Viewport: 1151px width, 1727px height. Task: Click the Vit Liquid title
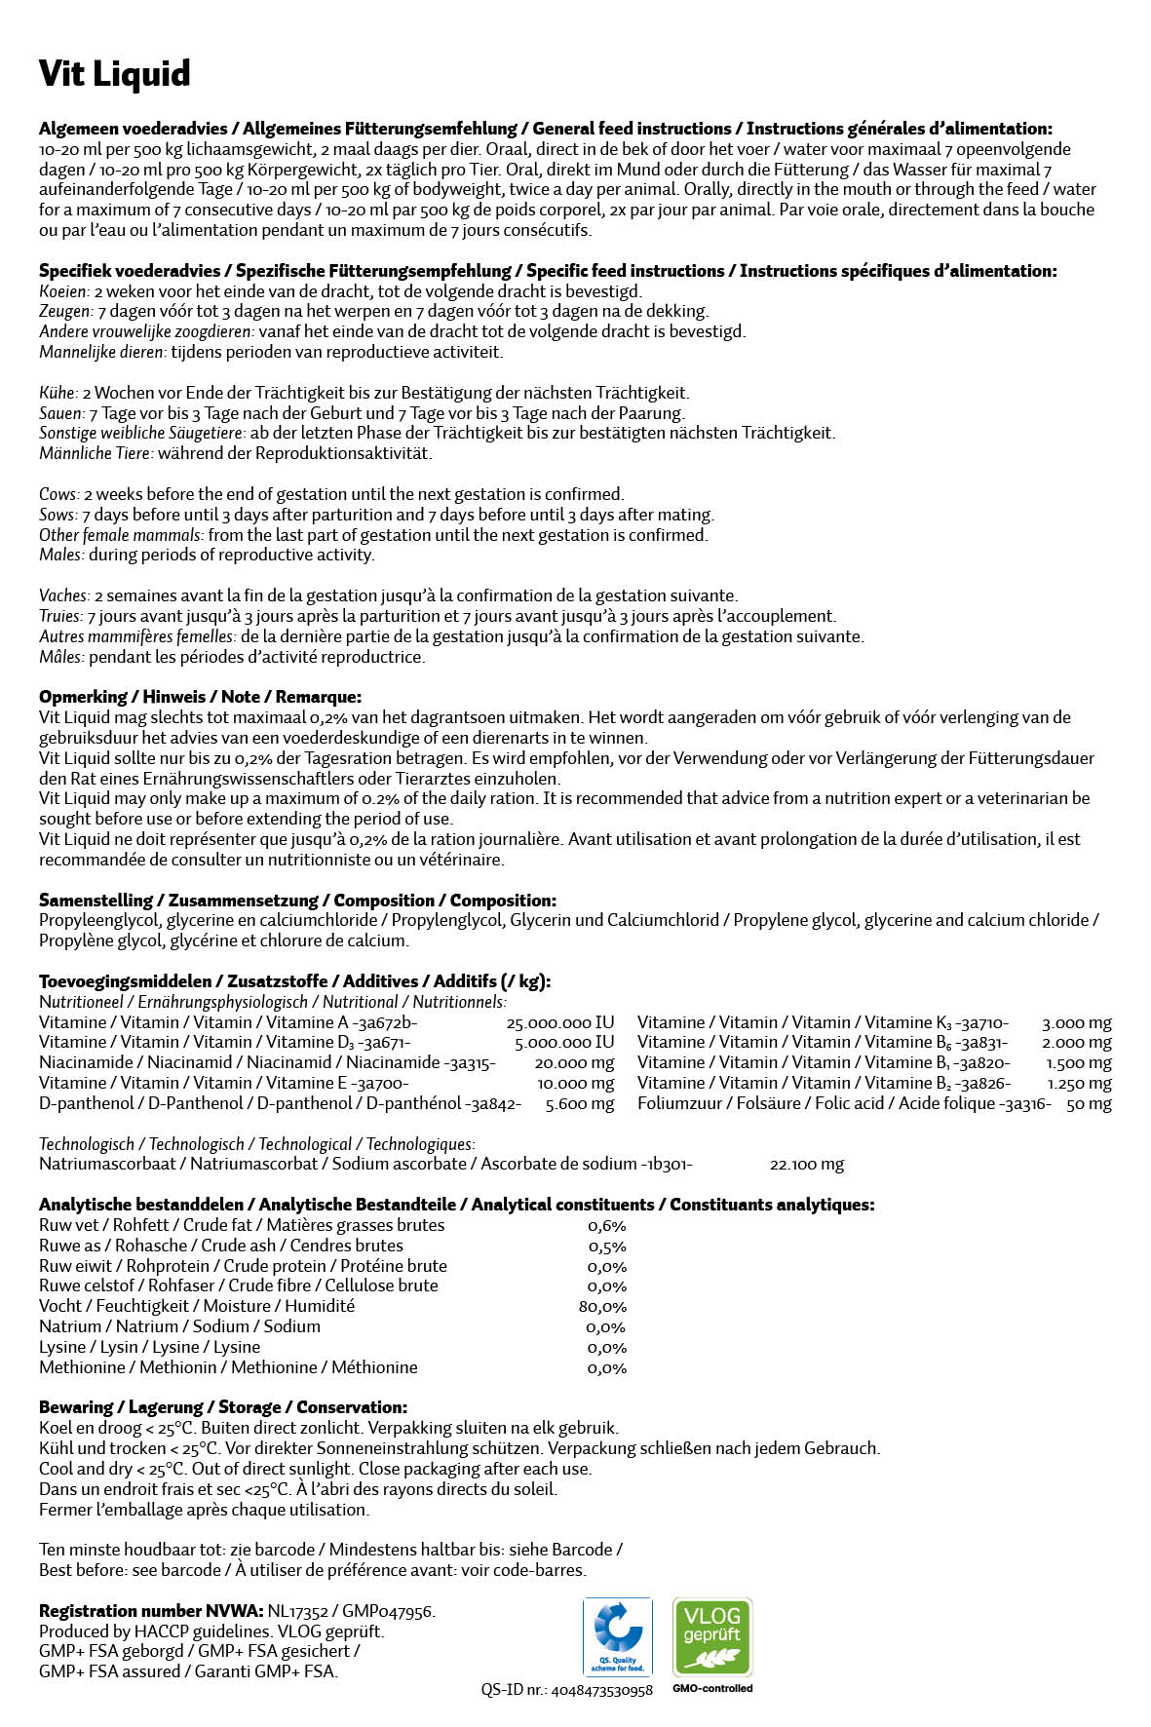pyautogui.click(x=114, y=74)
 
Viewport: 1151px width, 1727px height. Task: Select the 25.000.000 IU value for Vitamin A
pyautogui.click(x=560, y=1022)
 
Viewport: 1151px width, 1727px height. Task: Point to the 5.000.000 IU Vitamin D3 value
pyautogui.click(x=564, y=1043)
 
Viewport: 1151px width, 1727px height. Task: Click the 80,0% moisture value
pyautogui.click(x=602, y=1307)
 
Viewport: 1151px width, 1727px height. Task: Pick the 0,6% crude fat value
pyautogui.click(x=606, y=1226)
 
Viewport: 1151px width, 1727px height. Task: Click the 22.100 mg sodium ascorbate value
pyautogui.click(x=806, y=1165)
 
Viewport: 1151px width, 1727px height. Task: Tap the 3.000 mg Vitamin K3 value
pyautogui.click(x=1076, y=1023)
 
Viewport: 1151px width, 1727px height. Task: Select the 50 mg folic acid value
pyautogui.click(x=1089, y=1104)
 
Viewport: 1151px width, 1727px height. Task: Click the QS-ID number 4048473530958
pyautogui.click(x=601, y=1690)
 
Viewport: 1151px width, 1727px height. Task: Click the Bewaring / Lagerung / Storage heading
pyautogui.click(x=223, y=1407)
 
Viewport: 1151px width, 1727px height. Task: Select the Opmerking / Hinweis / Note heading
pyautogui.click(x=200, y=697)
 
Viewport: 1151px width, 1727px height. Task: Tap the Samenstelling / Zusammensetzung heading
pyautogui.click(x=297, y=901)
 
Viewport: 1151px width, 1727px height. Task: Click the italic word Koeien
pyautogui.click(x=63, y=291)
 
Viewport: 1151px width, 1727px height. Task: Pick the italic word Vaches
pyautogui.click(x=63, y=595)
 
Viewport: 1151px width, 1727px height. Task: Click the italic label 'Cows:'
pyautogui.click(x=58, y=494)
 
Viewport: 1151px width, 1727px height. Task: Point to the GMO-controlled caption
pyautogui.click(x=712, y=1688)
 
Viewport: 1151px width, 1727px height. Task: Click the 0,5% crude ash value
pyautogui.click(x=606, y=1247)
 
